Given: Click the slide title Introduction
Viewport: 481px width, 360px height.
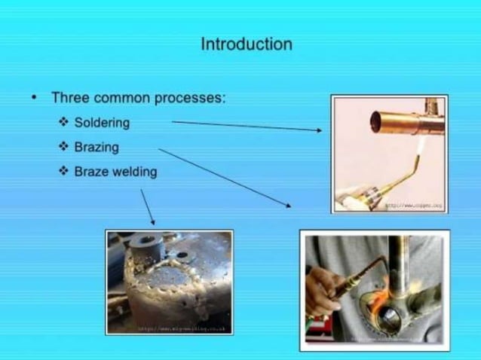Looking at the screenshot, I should pyautogui.click(x=246, y=44).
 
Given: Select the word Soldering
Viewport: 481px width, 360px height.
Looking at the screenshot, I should pyautogui.click(x=103, y=122).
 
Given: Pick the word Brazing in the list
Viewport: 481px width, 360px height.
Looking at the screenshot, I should pyautogui.click(x=97, y=147).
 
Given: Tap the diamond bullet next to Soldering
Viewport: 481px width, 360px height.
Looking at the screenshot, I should pyautogui.click(x=64, y=122).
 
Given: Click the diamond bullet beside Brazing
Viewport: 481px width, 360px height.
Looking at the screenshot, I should pyautogui.click(x=64, y=147).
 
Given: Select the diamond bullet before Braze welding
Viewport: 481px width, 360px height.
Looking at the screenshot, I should pyautogui.click(x=64, y=172).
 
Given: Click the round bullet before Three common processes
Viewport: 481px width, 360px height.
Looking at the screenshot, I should pyautogui.click(x=35, y=99).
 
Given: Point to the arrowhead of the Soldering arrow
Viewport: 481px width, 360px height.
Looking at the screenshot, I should pyautogui.click(x=319, y=130).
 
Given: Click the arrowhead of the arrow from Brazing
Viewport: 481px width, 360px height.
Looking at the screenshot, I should pyautogui.click(x=289, y=204).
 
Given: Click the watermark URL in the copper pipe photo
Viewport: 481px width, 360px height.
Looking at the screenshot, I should pyautogui.click(x=414, y=205).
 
